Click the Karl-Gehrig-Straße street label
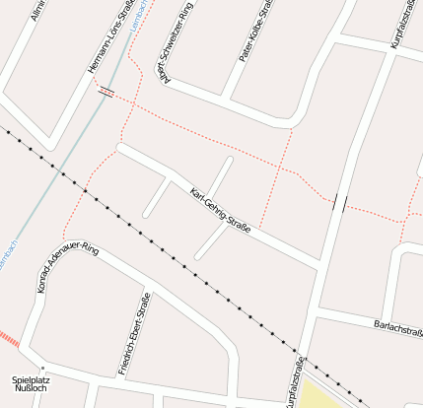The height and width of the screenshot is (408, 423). click(x=220, y=209)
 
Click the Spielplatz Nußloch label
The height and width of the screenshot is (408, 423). click(x=29, y=383)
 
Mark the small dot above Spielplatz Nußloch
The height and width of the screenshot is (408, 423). click(x=42, y=369)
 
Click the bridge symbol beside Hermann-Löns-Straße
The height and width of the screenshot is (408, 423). click(x=106, y=93)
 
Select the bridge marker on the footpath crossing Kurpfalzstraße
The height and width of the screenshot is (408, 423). click(x=340, y=203)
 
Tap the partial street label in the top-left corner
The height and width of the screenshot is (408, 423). click(x=37, y=12)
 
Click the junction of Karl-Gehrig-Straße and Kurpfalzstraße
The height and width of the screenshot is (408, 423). click(x=321, y=263)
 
